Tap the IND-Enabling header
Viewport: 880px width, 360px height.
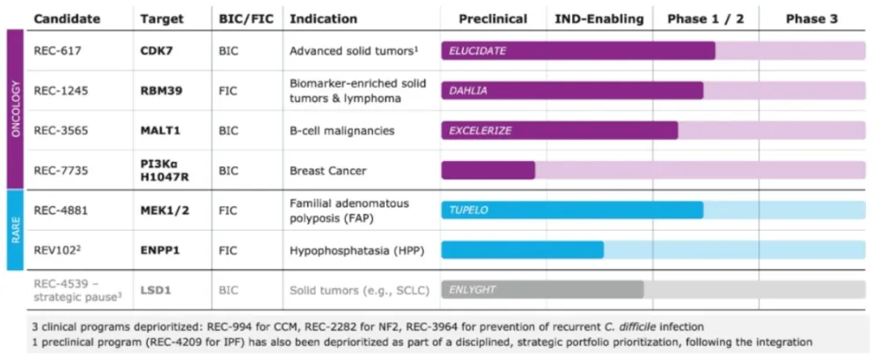598,18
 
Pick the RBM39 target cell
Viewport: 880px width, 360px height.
164,90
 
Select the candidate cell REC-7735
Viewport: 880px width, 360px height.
61,170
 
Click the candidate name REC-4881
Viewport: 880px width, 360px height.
61,209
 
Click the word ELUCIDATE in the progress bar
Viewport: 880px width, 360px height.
478,51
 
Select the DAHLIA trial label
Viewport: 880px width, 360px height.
468,91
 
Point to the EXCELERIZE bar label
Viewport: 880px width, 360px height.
480,130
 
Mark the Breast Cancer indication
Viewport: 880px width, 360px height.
328,170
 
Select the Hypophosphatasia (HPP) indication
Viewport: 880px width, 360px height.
357,250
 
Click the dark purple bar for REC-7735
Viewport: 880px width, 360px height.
488,170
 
